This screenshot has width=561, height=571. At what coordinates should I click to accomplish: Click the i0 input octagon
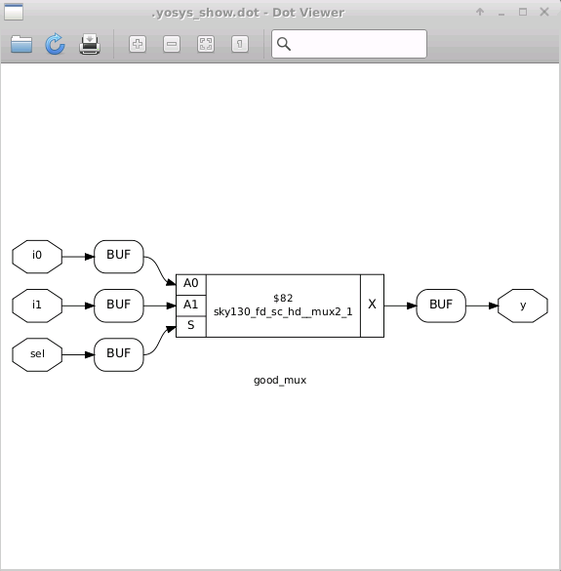[37, 256]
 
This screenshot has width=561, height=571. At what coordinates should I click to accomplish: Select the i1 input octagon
[37, 305]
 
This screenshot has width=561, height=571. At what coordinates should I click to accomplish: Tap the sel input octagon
[37, 353]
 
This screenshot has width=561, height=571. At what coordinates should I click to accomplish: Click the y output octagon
[523, 305]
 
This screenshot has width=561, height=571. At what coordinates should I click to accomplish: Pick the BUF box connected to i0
[119, 256]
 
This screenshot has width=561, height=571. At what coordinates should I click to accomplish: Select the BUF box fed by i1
[119, 305]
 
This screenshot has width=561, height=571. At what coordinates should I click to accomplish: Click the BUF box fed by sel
[119, 353]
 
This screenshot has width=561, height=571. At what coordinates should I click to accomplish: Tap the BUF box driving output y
[441, 305]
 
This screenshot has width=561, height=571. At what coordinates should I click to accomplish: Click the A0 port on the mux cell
[191, 283]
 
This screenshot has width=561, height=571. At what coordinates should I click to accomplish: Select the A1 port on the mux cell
[191, 305]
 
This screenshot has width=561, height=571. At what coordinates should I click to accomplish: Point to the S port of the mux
[191, 326]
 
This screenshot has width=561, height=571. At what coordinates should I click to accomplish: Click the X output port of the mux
[372, 305]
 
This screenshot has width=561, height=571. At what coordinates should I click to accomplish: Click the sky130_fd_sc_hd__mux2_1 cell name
[283, 311]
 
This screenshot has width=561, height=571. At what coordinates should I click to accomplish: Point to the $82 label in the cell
[283, 297]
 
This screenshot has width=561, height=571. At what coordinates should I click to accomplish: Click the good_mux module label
[280, 380]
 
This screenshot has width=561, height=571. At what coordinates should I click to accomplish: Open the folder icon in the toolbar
[21, 44]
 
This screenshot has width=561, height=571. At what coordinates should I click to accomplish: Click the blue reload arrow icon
[55, 44]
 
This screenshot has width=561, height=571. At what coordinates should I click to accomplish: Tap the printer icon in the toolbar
[90, 44]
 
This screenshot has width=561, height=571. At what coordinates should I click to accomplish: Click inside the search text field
[357, 44]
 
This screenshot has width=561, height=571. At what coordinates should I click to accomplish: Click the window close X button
[544, 12]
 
